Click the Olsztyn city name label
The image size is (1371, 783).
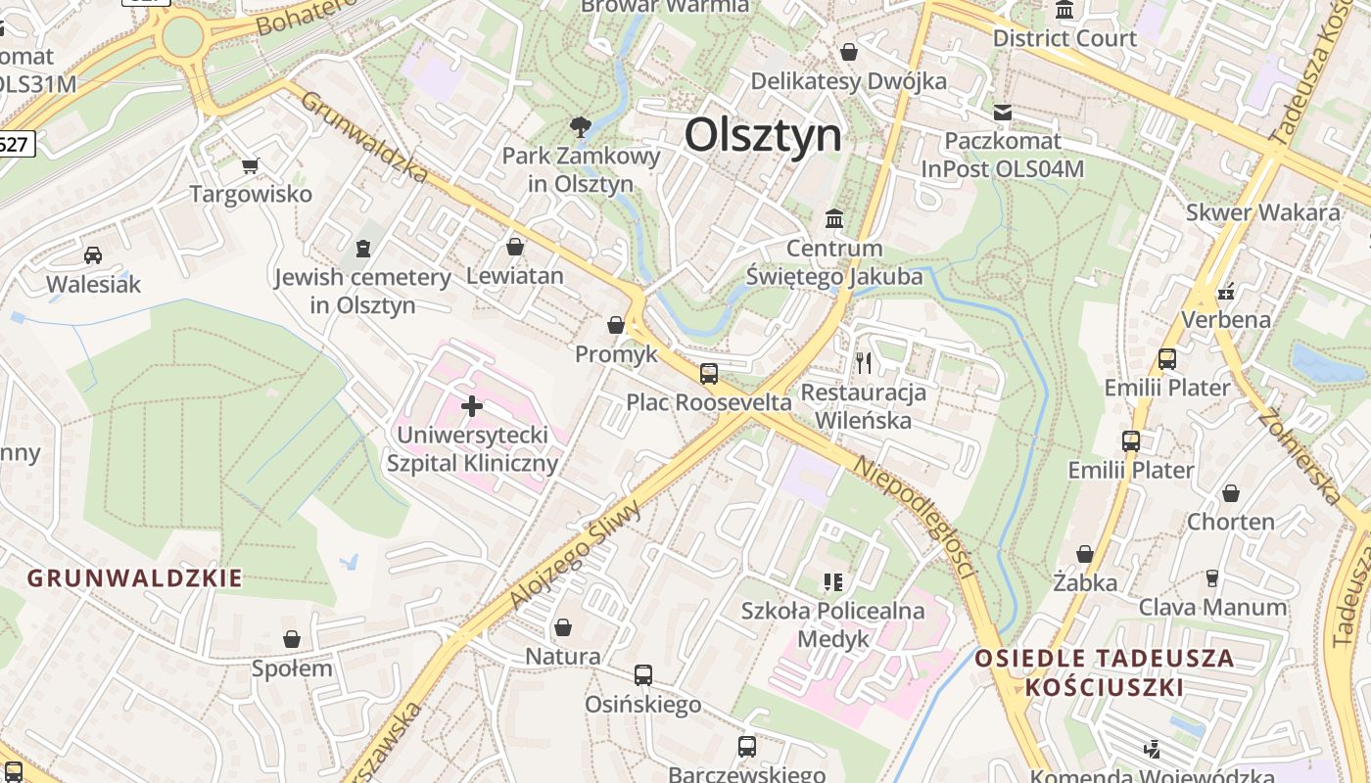tap(763, 134)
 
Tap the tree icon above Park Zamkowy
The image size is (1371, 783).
tap(580, 126)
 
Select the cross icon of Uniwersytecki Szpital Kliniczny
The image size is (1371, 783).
tap(472, 405)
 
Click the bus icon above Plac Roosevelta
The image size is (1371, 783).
tap(708, 373)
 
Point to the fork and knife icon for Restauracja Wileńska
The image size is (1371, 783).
tap(863, 363)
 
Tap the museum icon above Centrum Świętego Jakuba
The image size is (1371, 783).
tap(834, 218)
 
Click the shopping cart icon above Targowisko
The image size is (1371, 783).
tap(251, 165)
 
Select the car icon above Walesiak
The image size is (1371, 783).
tap(93, 255)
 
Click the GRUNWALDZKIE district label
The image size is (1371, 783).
tap(134, 578)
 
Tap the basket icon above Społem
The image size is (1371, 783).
tap(292, 639)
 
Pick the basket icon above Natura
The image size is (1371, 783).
tap(563, 626)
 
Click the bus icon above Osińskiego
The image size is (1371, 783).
tap(643, 674)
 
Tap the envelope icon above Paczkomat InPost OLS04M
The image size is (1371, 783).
tap(1002, 113)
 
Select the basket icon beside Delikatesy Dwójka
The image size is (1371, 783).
tap(849, 51)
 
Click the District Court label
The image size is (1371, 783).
tap(1064, 38)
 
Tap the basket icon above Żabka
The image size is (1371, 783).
tap(1085, 554)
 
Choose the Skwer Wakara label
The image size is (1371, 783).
tap(1262, 212)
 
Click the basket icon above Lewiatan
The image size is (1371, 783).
tap(515, 247)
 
